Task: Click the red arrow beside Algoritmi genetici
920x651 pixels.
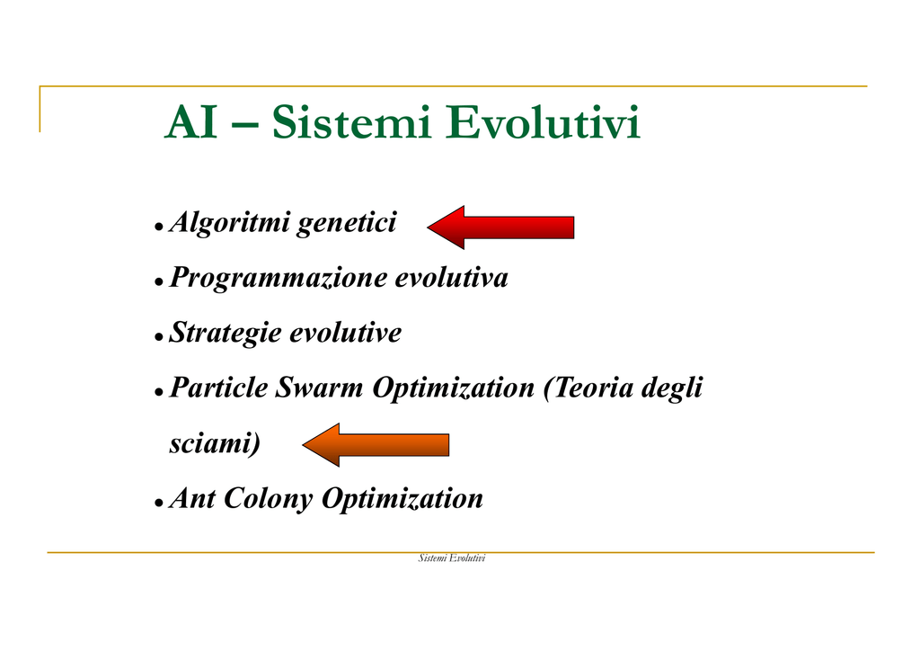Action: tap(500, 227)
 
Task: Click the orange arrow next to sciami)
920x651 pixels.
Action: tap(376, 444)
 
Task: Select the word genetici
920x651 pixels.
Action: tap(347, 224)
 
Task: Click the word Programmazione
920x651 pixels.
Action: tap(278, 279)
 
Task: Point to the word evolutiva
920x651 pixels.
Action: tap(451, 278)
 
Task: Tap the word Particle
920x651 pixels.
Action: tap(218, 388)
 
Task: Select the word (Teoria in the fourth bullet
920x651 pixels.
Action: tap(588, 388)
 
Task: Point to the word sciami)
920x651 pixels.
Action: tap(215, 443)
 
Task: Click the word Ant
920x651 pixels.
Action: tap(192, 498)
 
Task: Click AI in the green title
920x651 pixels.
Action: tap(190, 122)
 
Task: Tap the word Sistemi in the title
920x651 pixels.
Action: tap(352, 122)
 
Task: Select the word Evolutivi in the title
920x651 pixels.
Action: tap(543, 122)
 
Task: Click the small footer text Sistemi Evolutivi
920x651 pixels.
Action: tap(452, 558)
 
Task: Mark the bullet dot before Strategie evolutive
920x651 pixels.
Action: tap(158, 337)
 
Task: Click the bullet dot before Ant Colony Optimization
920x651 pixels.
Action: tap(158, 503)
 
